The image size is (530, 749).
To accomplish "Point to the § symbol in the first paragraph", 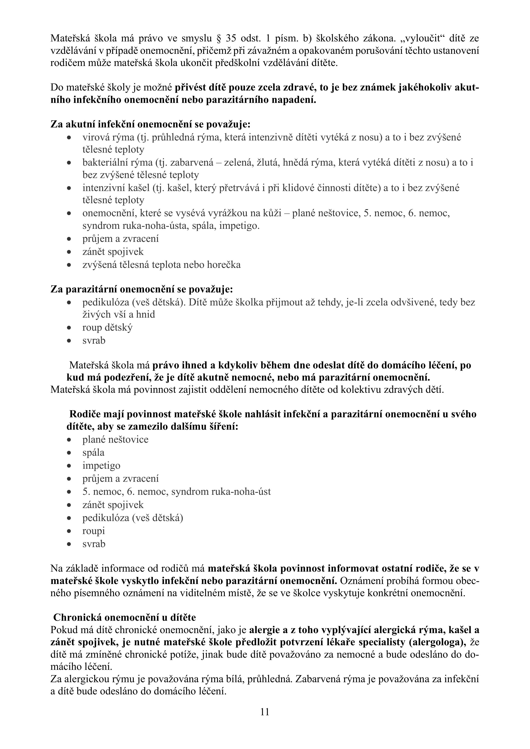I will tap(219, 38).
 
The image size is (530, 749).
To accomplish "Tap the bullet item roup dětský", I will tap(107, 327).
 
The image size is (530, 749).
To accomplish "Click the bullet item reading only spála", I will tap(93, 453).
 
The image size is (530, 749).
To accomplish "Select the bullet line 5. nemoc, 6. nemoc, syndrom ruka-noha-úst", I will tap(176, 492).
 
